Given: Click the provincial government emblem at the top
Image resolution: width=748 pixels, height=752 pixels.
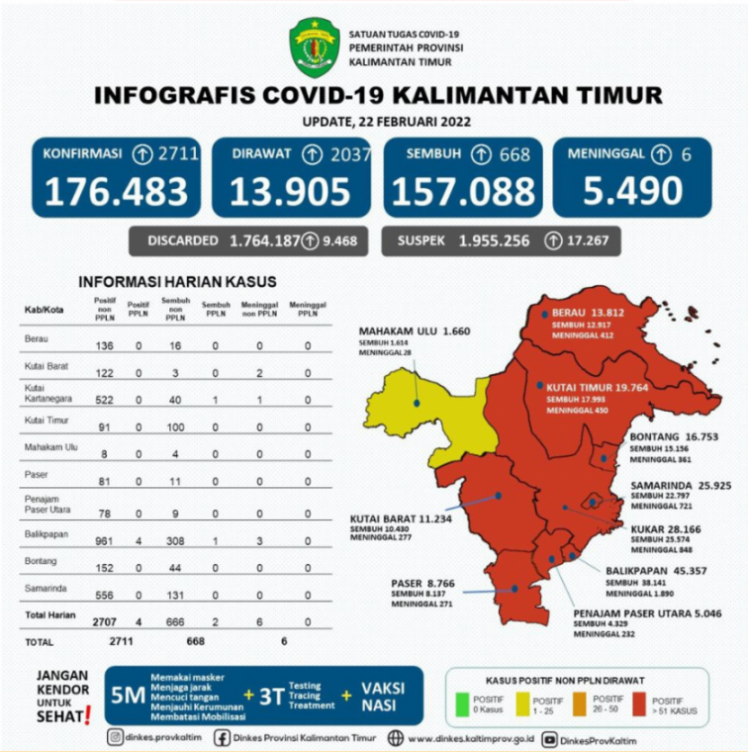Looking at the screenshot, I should coord(314,47).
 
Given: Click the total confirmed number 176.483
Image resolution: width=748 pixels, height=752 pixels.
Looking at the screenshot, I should coord(115,190).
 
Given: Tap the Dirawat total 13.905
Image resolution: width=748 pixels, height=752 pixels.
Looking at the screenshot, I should coord(290,190).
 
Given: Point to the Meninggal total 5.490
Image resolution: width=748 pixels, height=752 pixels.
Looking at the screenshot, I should coord(632,190).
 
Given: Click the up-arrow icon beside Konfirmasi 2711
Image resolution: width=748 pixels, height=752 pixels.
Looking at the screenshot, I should coord(142,154).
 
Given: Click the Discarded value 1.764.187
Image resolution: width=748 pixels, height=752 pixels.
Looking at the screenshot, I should coord(264,240).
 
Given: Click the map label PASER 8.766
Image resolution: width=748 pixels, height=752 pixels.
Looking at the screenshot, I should coord(422,583).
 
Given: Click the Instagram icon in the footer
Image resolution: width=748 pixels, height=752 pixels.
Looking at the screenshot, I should coord(117,737).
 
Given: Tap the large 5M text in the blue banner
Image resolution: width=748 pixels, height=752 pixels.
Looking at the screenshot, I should coord(128,696).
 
